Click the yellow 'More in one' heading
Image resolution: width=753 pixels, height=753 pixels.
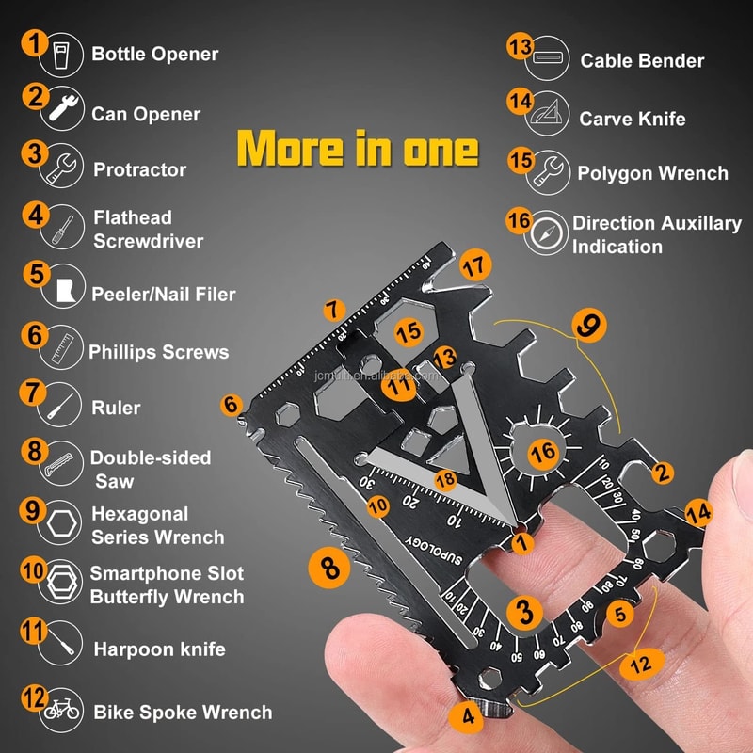357,148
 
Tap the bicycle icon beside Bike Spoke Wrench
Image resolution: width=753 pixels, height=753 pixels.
63,711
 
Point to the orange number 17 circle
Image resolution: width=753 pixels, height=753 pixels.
476,266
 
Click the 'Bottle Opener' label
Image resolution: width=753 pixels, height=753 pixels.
154,54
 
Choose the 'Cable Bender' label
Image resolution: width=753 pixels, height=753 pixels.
642,60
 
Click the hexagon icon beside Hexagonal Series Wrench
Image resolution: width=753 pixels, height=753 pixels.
62,526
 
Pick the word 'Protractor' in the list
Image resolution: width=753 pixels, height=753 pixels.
139,169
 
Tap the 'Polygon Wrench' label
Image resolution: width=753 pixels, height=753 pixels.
652,173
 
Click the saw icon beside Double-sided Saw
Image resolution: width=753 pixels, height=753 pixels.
62,467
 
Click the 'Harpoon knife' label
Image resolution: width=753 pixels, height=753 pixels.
159,649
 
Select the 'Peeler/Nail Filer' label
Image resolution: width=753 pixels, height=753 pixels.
163,295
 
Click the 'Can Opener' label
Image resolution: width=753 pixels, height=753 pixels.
146,114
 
